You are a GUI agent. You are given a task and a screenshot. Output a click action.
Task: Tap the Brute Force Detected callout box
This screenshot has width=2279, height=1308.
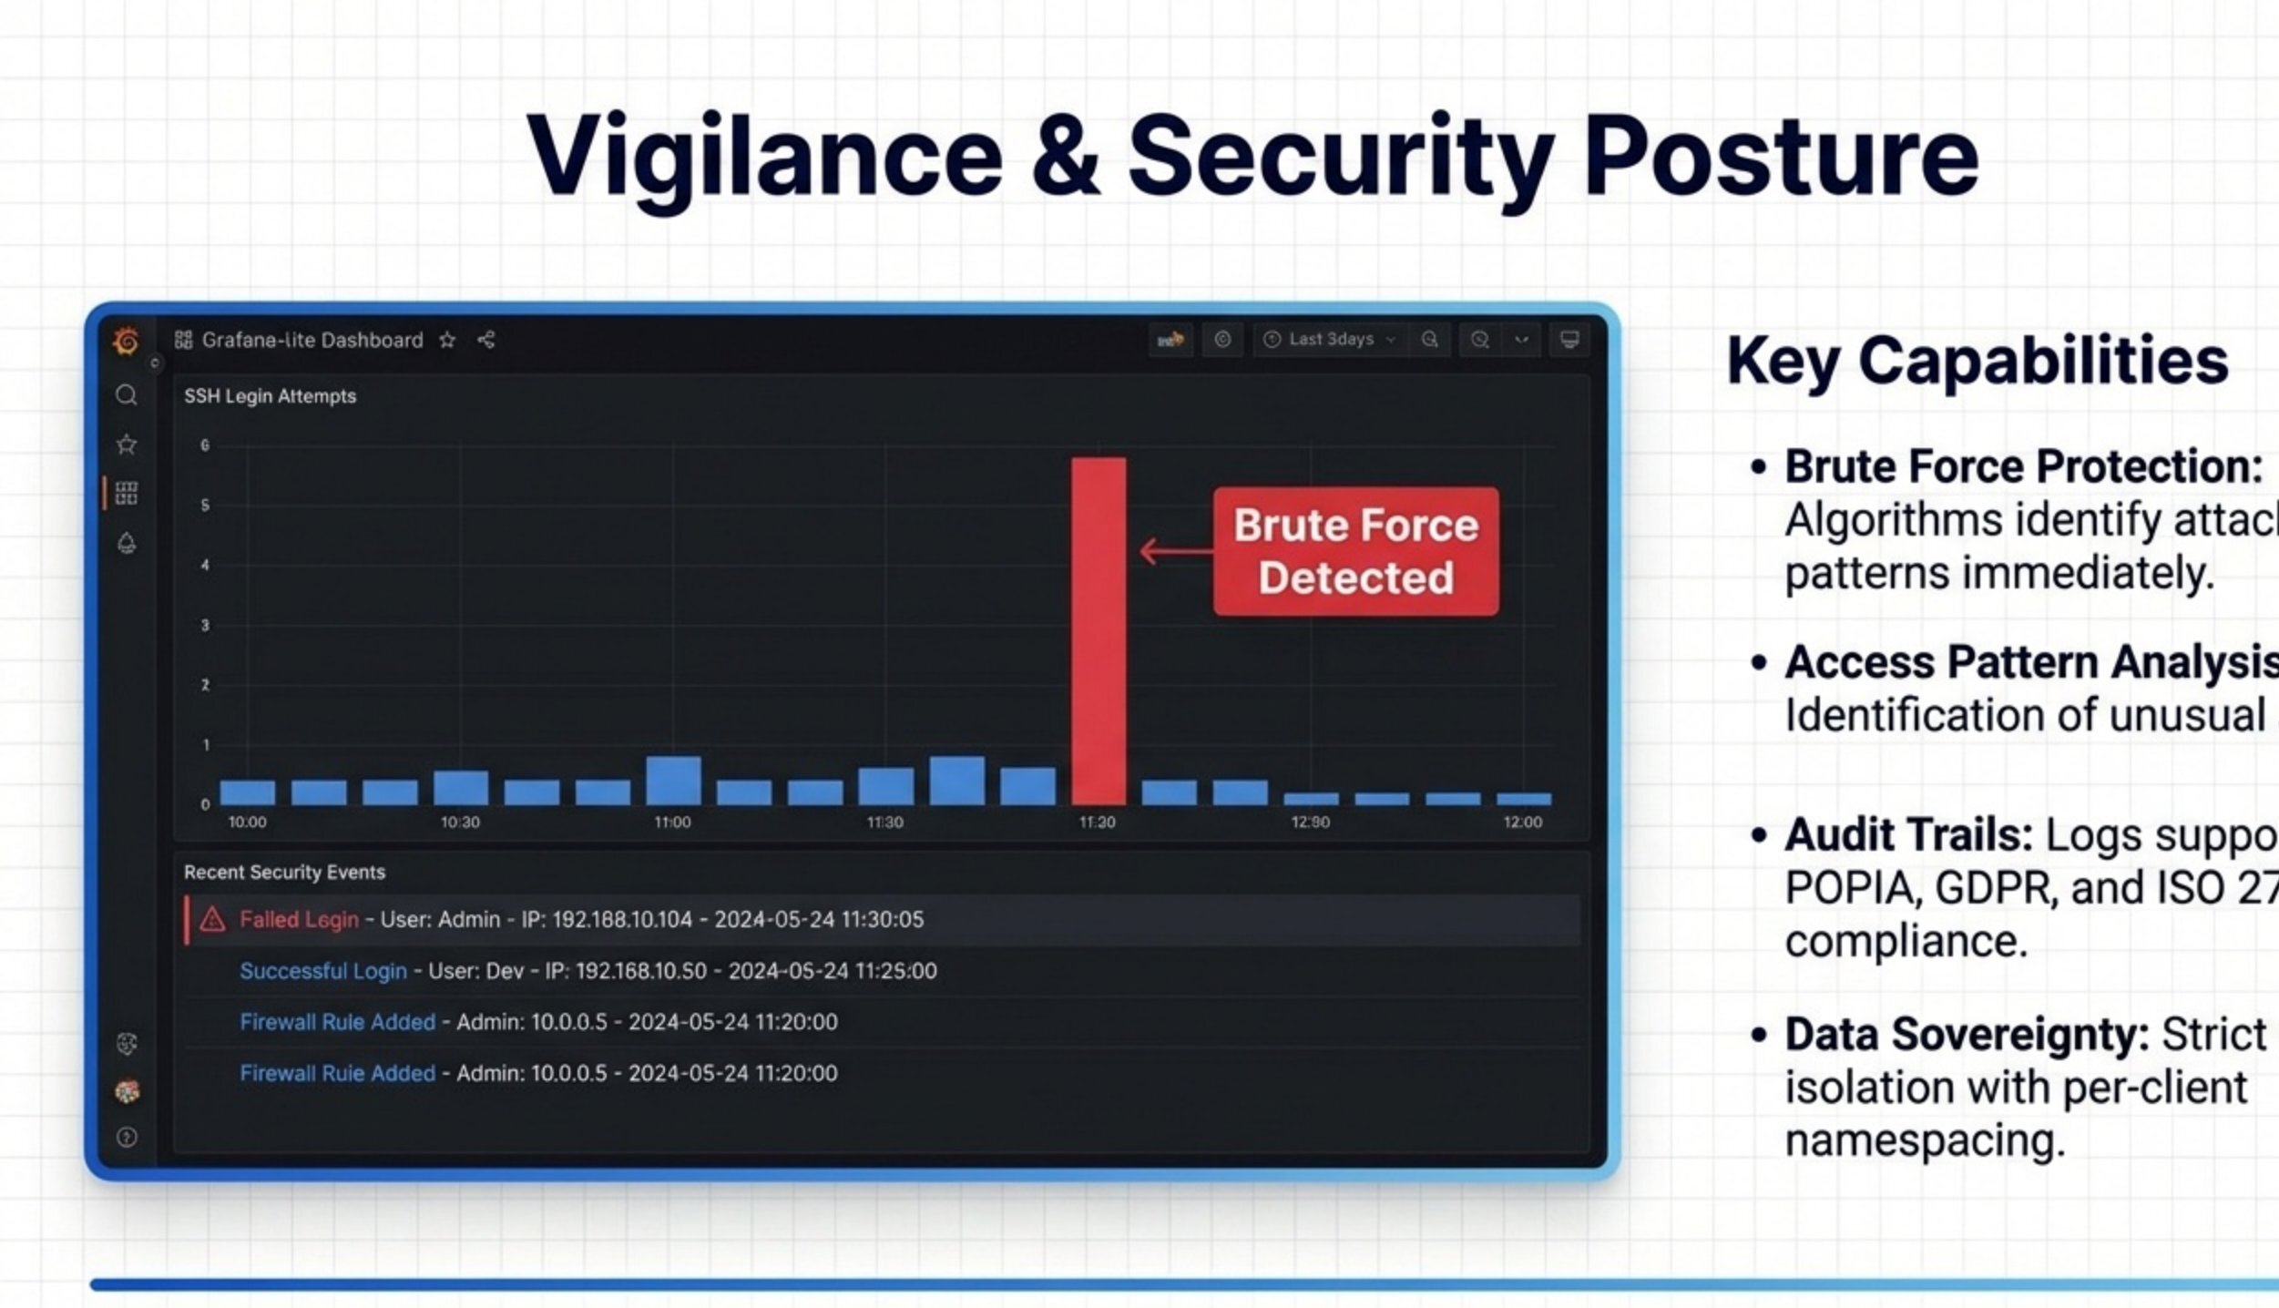coord(1355,551)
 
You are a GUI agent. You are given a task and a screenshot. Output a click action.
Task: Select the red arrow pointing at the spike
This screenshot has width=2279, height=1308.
coord(1175,551)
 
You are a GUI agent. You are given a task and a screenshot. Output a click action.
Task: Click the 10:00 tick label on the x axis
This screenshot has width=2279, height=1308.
coord(247,822)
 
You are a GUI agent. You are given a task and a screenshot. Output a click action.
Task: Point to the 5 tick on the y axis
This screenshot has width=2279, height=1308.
coord(205,505)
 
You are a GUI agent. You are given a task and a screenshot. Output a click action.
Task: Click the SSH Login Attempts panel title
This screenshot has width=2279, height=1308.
coord(270,396)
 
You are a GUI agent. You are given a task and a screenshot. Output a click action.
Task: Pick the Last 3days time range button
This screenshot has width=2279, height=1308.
coord(1331,340)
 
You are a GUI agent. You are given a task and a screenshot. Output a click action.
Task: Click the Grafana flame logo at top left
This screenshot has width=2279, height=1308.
coord(127,342)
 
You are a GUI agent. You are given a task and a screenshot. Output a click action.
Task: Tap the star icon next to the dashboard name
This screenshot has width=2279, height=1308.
coord(447,341)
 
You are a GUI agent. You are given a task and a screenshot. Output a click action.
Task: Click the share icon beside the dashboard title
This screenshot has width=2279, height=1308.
coord(486,340)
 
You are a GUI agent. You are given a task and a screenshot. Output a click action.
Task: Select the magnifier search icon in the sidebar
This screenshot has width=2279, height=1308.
coord(127,395)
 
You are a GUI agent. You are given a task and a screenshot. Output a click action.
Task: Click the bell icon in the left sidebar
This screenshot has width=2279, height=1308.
coord(127,544)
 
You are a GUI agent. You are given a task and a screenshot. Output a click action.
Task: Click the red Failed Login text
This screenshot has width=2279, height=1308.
coord(299,920)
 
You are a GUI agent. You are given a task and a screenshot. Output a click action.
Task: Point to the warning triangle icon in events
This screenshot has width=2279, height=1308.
coord(212,920)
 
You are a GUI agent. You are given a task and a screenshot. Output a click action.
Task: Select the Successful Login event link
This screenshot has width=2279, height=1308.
coord(322,971)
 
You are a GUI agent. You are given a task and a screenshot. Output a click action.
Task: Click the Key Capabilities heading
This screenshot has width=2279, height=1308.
coord(1977,362)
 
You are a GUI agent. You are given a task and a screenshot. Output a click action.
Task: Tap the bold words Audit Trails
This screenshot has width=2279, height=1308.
coord(1908,835)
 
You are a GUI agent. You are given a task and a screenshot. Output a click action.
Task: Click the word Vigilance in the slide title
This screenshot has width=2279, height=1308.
coord(764,157)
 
